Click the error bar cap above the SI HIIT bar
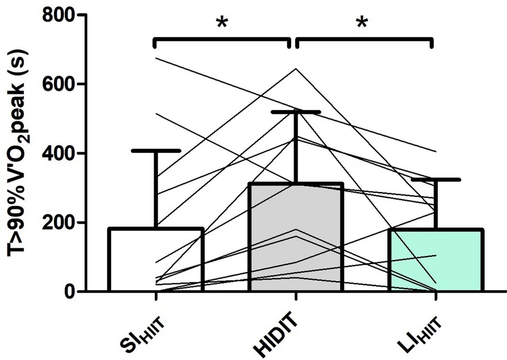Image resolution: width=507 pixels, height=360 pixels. [x=156, y=151]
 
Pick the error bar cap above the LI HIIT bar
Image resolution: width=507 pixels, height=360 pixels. [x=436, y=179]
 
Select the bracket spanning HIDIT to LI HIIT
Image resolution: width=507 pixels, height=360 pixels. [x=364, y=39]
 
